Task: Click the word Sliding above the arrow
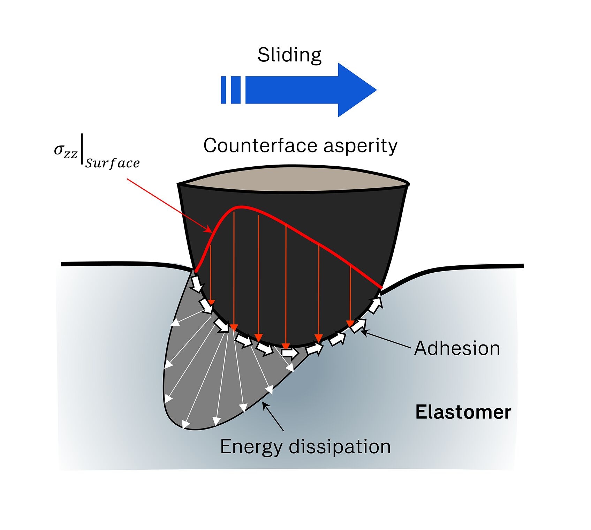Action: point(289,55)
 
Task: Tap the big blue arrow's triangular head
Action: point(356,90)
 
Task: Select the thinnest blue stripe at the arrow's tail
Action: point(223,90)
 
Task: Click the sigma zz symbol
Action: point(65,151)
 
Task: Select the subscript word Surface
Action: point(112,163)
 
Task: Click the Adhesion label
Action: point(457,348)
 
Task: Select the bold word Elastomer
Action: point(463,412)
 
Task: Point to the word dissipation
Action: point(340,447)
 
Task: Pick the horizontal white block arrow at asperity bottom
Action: point(289,353)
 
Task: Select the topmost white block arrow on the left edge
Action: point(197,283)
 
